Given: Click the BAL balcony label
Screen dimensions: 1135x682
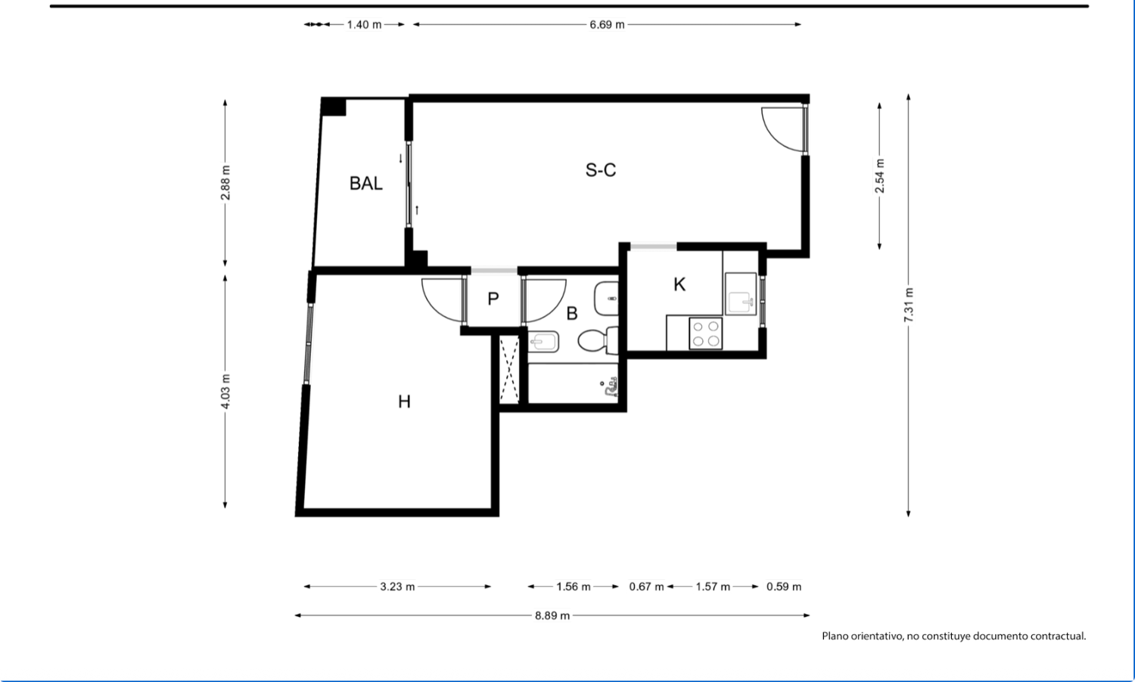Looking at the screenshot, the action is click(365, 183).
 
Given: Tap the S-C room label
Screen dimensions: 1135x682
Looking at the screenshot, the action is click(601, 170).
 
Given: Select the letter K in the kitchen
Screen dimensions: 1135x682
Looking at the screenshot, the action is click(679, 284).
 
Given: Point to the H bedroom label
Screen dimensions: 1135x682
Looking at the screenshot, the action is click(404, 402).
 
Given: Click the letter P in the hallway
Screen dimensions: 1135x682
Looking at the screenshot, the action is click(493, 299).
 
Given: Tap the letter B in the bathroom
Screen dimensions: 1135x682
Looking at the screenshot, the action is click(571, 314).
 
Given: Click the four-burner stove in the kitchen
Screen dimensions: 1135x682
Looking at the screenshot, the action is click(706, 333).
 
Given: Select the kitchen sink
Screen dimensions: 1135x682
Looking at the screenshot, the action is click(741, 294).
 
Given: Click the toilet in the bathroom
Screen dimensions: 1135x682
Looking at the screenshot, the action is click(598, 341).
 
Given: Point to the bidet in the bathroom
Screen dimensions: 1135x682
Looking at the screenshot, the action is click(544, 343).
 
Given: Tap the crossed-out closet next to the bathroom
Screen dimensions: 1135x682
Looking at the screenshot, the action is click(509, 369).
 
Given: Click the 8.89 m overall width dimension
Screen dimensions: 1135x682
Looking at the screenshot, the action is click(552, 615).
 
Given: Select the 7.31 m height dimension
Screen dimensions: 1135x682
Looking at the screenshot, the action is click(909, 305).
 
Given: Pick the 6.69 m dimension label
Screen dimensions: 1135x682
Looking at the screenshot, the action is click(607, 25).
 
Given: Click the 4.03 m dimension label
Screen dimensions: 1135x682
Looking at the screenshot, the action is click(225, 392).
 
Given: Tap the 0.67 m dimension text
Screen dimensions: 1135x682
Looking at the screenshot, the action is click(646, 587).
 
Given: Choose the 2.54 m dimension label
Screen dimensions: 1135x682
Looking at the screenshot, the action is click(879, 176).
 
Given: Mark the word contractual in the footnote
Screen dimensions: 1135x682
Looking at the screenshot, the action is click(1060, 636).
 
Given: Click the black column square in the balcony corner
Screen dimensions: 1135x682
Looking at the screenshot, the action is click(334, 107).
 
